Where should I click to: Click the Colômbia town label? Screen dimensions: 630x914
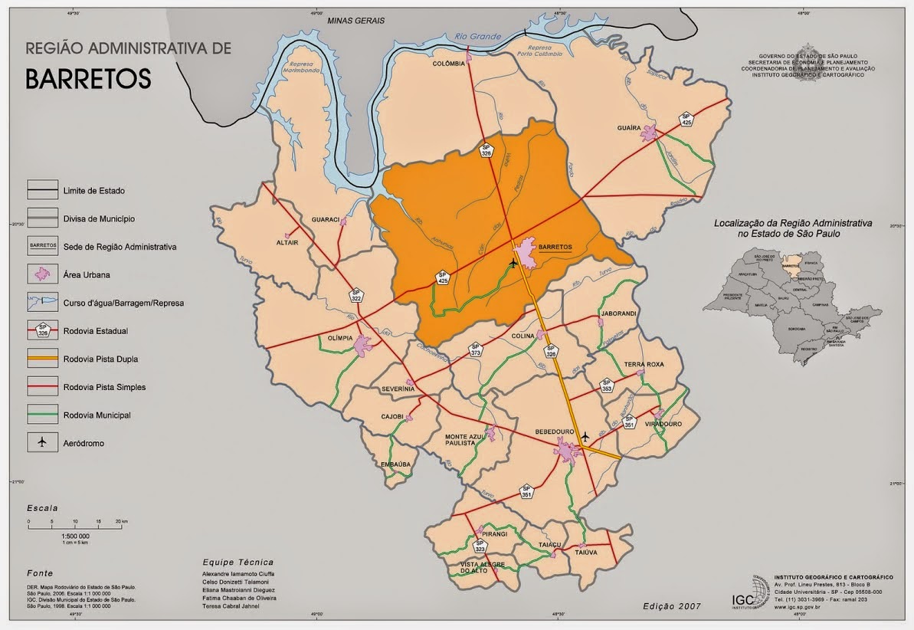449,64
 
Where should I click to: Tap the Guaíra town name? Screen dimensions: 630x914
628,128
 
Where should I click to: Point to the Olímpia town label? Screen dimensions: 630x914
339,337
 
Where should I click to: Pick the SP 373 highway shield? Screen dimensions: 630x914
476,350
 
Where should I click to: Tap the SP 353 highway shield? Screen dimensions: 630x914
607,386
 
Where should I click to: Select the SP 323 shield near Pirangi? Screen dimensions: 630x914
480,547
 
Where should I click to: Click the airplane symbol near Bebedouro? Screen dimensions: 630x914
585,437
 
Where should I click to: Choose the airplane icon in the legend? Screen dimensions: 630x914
42,442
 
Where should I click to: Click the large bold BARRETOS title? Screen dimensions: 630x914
88,79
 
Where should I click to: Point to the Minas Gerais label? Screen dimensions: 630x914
355,21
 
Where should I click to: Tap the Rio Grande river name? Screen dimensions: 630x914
477,36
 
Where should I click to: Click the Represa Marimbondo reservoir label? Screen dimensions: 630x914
301,69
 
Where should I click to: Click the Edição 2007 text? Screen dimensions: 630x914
673,606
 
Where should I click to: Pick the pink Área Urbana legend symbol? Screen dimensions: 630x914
42,274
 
